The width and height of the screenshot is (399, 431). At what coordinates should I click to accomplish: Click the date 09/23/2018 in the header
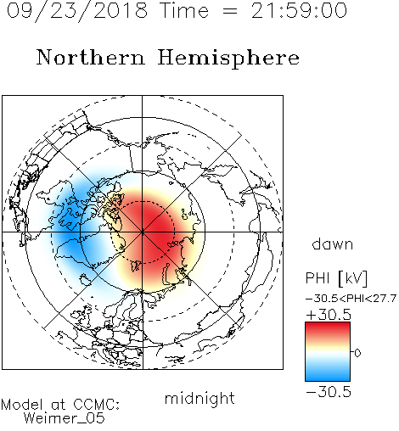pyautogui.click(x=77, y=11)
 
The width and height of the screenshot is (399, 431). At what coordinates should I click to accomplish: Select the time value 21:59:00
pyautogui.click(x=299, y=11)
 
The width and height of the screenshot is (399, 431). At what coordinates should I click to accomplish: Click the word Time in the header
pyautogui.click(x=184, y=11)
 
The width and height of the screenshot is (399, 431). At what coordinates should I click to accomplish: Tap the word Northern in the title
pyautogui.click(x=91, y=57)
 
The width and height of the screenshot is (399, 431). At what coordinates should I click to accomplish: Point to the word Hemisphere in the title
pyautogui.click(x=228, y=59)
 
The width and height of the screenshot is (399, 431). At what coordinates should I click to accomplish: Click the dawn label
pyautogui.click(x=333, y=243)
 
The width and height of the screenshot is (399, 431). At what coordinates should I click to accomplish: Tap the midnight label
pyautogui.click(x=199, y=398)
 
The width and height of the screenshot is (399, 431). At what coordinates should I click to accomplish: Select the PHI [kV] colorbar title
pyautogui.click(x=336, y=278)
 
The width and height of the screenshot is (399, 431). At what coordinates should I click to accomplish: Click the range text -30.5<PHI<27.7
pyautogui.click(x=351, y=299)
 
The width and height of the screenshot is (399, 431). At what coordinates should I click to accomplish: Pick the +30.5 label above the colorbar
pyautogui.click(x=329, y=315)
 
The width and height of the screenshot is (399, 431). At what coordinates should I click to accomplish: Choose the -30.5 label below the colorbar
pyautogui.click(x=329, y=392)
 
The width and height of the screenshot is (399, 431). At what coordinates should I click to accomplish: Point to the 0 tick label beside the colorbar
pyautogui.click(x=357, y=353)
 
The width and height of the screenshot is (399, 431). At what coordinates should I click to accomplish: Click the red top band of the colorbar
pyautogui.click(x=328, y=328)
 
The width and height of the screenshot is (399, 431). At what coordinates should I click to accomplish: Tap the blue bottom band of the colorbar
pyautogui.click(x=328, y=375)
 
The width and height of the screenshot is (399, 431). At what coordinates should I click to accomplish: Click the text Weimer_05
pyautogui.click(x=65, y=418)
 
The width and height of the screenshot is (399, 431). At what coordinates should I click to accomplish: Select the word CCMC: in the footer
pyautogui.click(x=97, y=405)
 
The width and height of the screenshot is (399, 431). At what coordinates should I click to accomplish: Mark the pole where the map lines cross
pyautogui.click(x=143, y=232)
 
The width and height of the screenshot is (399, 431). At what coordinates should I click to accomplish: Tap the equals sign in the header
pyautogui.click(x=230, y=11)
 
